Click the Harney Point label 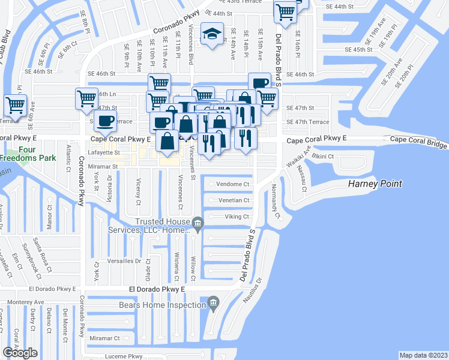click(x=375, y=184)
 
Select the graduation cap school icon click(x=212, y=34)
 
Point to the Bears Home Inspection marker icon click(x=212, y=302)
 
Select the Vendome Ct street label click(x=232, y=184)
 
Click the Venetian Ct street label click(x=233, y=200)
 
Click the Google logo click(x=20, y=352)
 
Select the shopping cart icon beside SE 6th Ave click(x=15, y=105)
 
